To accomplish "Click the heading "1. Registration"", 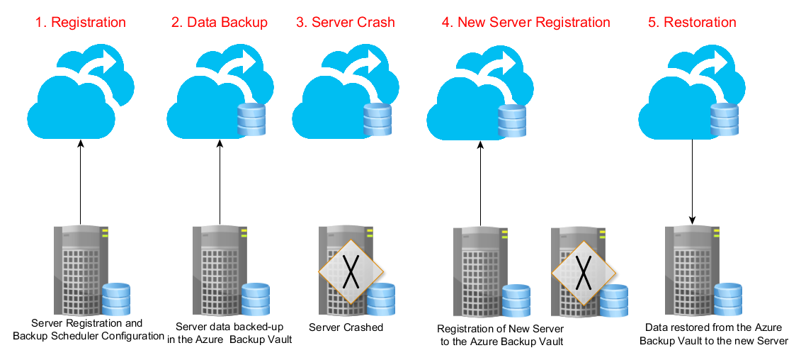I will coord(80,23).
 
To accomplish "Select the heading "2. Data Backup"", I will coord(219,23).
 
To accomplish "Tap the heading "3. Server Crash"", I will coord(345,23).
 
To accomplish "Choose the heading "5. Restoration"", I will coord(692,23).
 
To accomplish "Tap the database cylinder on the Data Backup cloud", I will coord(251,118).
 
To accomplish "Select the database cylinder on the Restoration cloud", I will coord(723,118).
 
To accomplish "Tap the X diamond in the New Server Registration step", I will coord(583,271).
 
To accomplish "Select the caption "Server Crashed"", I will coord(346,327).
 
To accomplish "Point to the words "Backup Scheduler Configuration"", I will coord(89,336).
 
